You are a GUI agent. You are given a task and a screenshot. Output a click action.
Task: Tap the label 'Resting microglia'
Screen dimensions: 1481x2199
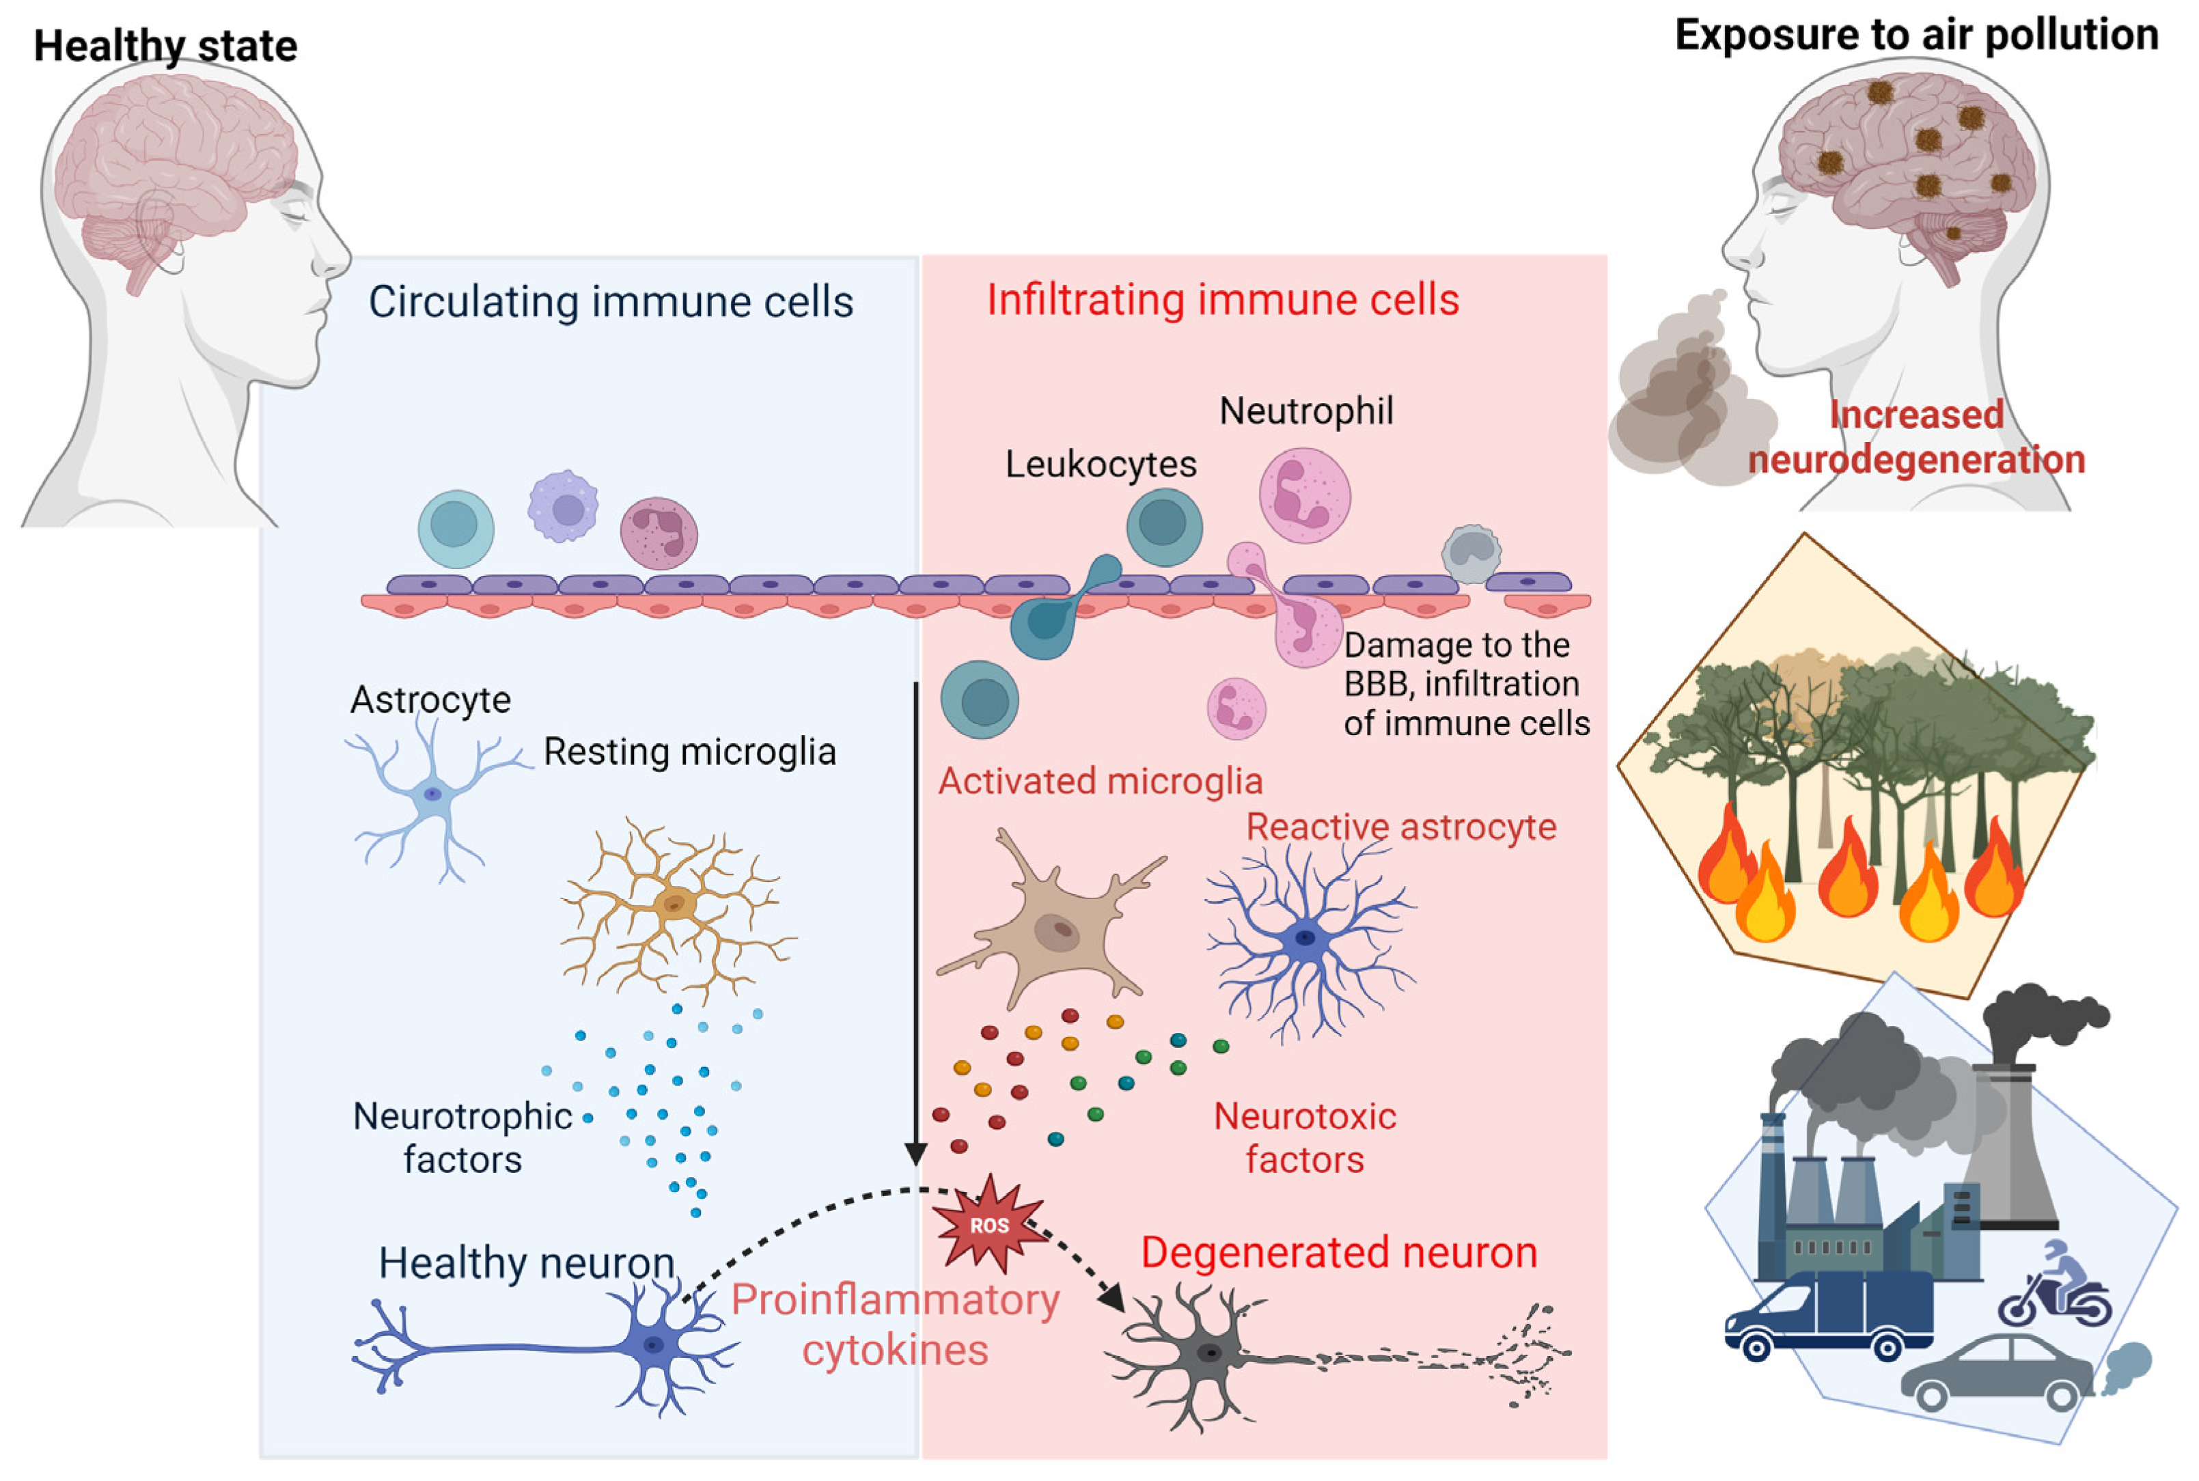click(689, 752)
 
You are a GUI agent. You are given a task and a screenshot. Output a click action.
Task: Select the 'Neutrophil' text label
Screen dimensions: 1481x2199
click(1305, 411)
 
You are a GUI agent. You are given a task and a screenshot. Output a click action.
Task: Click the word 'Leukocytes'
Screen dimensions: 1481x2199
click(1101, 464)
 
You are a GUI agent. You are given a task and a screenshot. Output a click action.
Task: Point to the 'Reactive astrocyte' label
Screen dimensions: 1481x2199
click(1400, 827)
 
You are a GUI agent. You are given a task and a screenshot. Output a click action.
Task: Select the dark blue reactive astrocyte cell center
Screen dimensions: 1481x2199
click(1305, 938)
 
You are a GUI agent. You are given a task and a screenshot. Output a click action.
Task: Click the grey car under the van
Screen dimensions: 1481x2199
click(1995, 1372)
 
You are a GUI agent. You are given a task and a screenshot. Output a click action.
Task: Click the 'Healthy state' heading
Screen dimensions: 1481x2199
click(165, 45)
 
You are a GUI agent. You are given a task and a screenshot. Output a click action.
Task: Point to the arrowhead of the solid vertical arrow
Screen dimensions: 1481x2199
click(914, 1154)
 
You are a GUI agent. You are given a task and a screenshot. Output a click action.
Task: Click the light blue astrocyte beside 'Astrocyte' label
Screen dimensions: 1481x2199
click(432, 795)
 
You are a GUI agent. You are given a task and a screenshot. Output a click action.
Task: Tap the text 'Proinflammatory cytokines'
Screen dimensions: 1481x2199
click(894, 1324)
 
